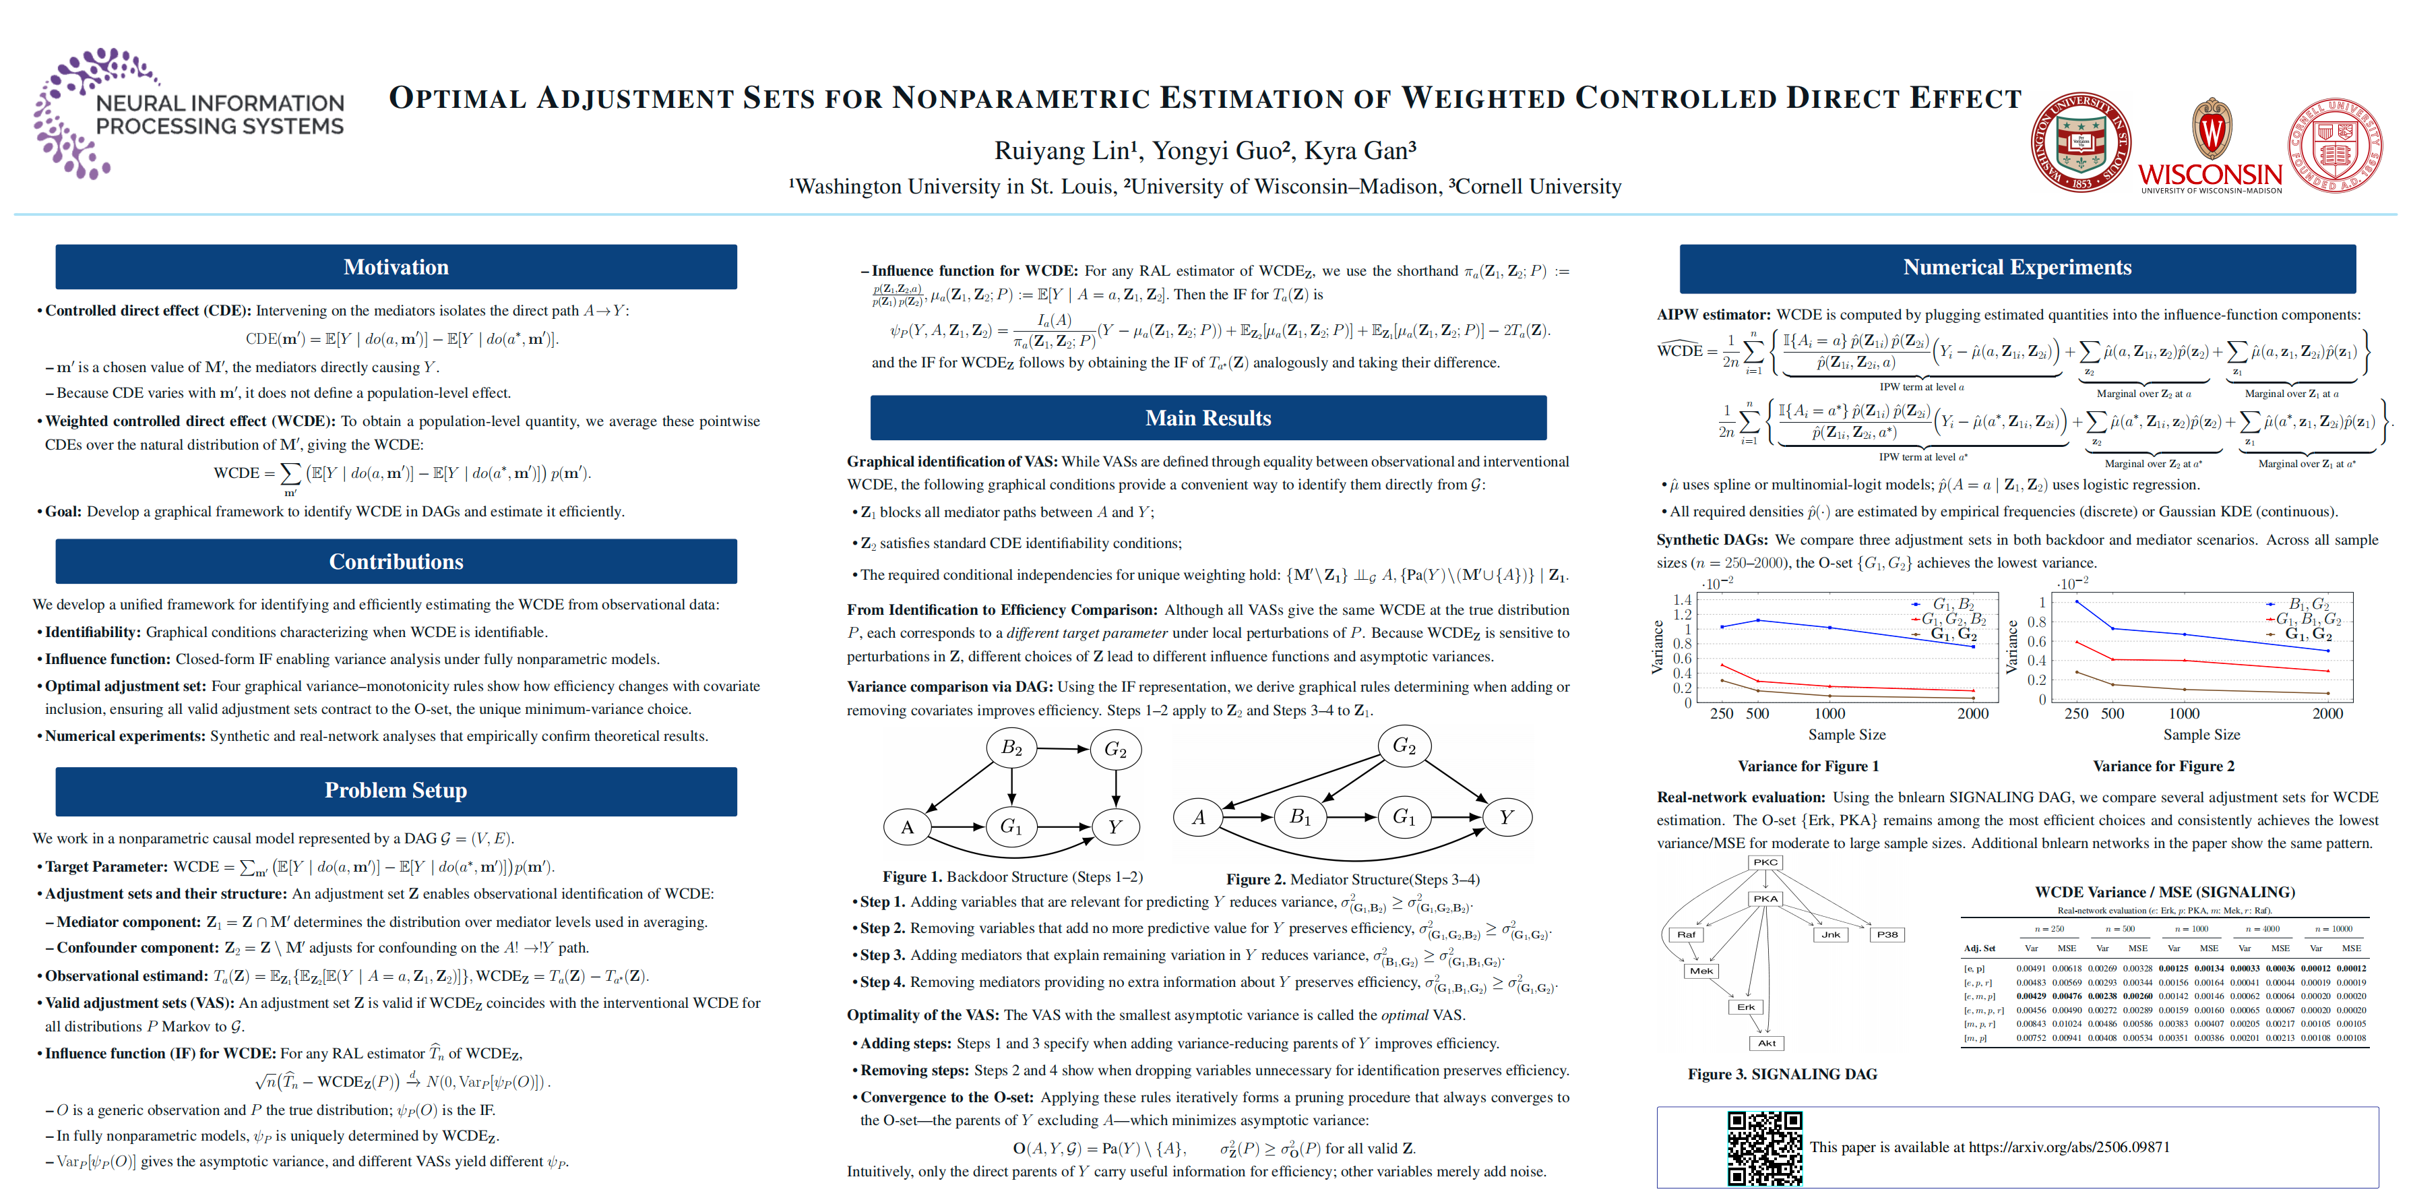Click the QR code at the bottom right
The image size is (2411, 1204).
tap(1763, 1148)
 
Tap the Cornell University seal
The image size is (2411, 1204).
tap(2335, 145)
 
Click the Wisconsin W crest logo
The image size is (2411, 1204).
tap(2211, 131)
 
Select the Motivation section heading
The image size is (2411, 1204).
tap(396, 267)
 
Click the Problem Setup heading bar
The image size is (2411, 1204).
tap(396, 790)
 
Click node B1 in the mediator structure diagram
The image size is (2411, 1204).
tap(1300, 816)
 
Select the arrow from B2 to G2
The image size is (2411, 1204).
tap(1062, 749)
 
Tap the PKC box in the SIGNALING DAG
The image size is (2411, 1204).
tap(1765, 862)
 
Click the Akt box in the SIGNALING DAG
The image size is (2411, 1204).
tap(1766, 1043)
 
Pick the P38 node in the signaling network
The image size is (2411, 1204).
tap(1887, 934)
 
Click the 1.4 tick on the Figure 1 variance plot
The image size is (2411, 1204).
tap(1682, 600)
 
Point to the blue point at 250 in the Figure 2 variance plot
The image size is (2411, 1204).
tap(2077, 602)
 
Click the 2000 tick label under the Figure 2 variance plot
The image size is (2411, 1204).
tap(2327, 713)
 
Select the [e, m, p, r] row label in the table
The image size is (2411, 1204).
tap(1983, 1011)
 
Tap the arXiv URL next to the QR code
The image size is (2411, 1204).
tap(2069, 1147)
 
